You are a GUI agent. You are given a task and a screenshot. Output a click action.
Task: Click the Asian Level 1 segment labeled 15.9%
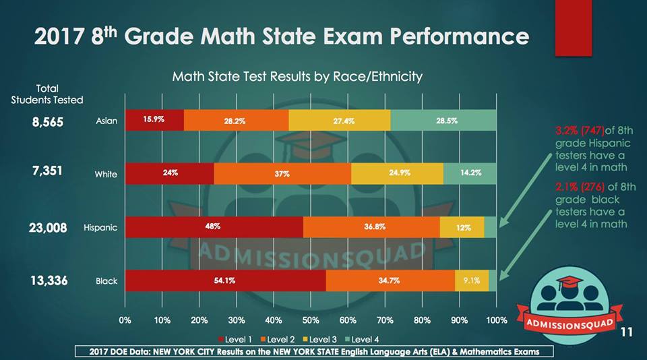pos(154,120)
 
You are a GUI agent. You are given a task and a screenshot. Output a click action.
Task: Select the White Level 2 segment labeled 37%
pos(282,174)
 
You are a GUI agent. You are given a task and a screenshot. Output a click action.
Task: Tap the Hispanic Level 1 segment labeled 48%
pos(214,227)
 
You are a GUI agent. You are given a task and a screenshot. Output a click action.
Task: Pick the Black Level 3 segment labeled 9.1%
pos(471,280)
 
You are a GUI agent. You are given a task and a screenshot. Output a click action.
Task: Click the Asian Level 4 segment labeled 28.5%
pos(443,120)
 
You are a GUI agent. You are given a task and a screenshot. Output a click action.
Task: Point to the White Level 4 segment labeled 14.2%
pos(470,174)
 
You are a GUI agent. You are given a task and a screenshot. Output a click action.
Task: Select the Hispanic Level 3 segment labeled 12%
pos(462,227)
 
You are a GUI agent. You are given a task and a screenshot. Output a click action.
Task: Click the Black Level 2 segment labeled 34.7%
pos(390,280)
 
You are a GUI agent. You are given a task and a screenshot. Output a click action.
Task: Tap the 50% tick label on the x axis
pos(311,320)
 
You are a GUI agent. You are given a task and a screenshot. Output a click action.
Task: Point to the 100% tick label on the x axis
pos(497,320)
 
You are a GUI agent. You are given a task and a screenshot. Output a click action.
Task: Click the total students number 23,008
pos(48,228)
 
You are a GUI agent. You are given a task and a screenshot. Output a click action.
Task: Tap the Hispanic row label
pos(100,228)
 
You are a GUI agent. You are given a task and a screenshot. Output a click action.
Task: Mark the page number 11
pos(627,332)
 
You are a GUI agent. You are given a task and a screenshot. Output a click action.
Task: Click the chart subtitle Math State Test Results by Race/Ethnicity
pos(297,76)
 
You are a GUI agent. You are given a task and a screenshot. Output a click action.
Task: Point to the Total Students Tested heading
pos(47,94)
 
